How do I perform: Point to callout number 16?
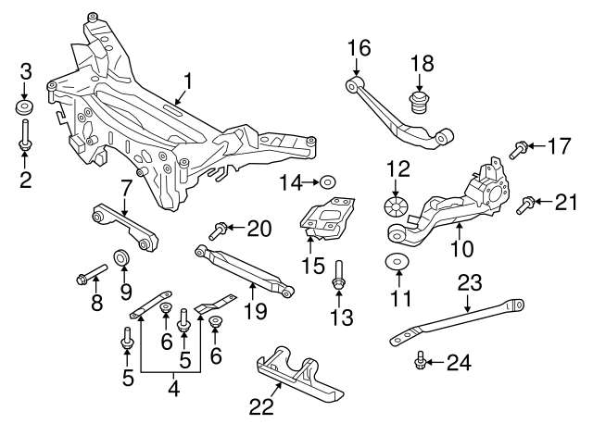tap(358, 46)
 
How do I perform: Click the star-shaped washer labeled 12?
tap(397, 204)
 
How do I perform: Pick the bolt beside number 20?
tap(220, 228)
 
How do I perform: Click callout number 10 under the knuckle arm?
tap(461, 248)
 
